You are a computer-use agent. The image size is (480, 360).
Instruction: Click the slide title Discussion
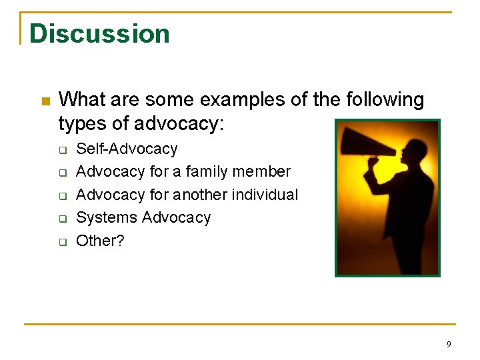coord(99,34)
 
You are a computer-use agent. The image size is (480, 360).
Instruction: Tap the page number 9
coord(449,345)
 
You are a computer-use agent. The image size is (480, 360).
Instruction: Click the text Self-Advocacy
coord(127,149)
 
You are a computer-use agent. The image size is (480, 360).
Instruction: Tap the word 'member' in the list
coord(267,171)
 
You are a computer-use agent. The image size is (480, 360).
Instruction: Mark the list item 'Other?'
coord(100,241)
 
